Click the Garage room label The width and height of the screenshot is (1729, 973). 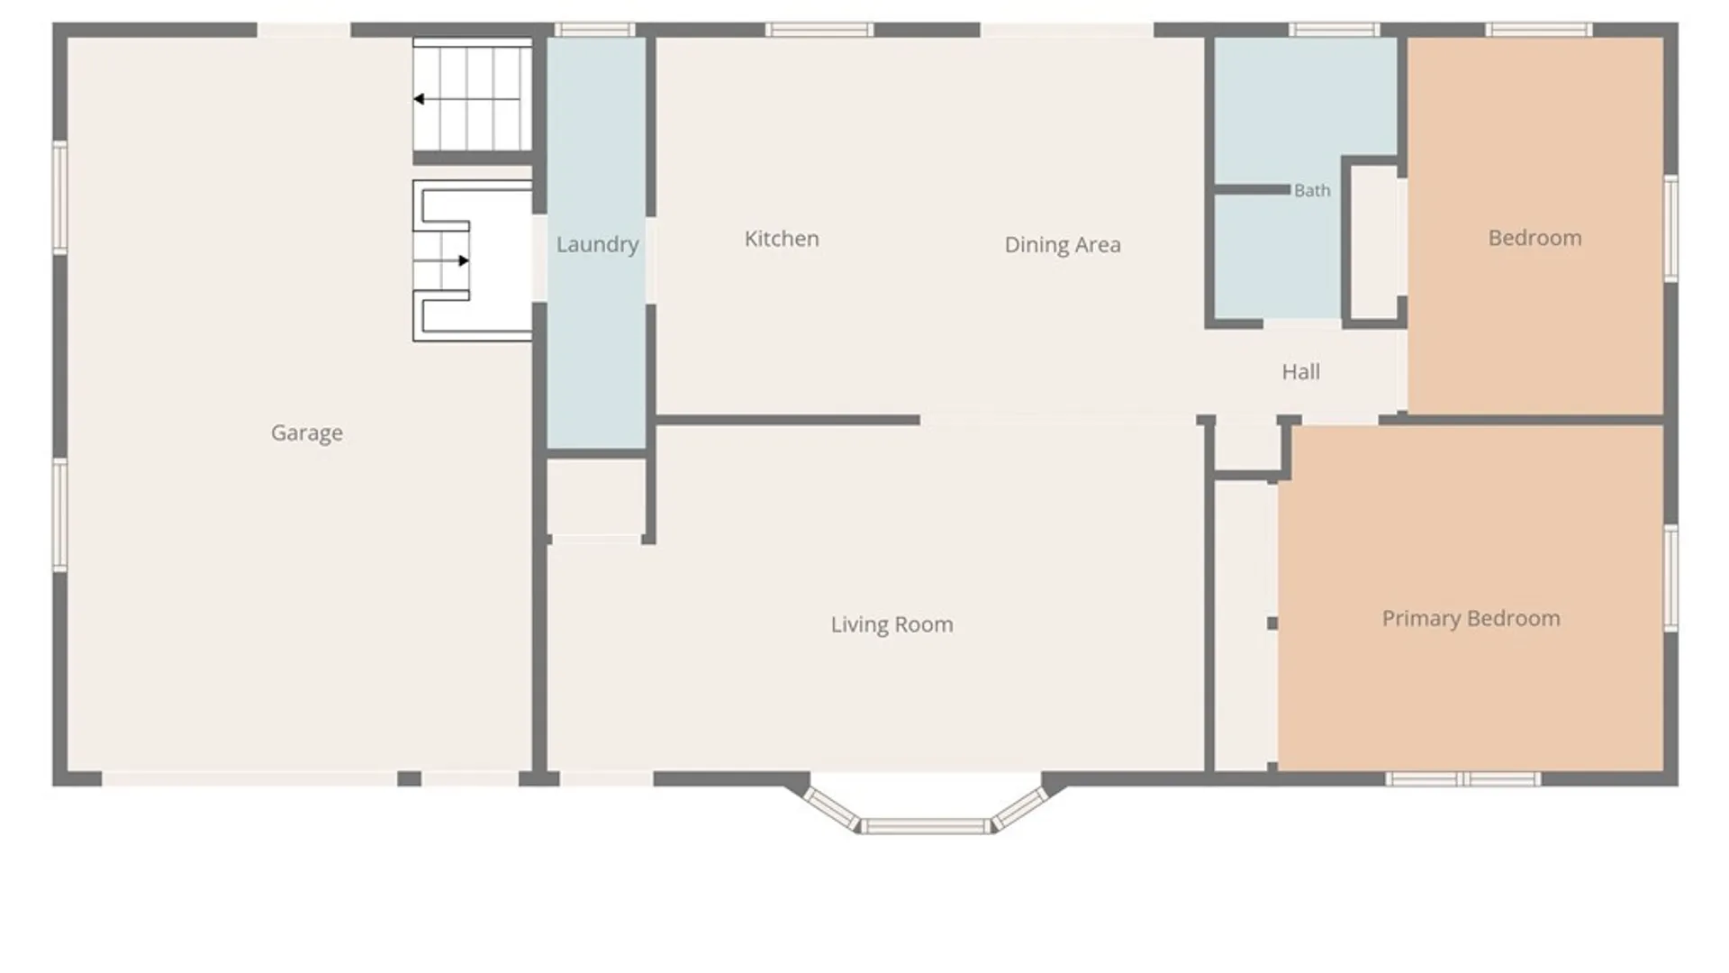(x=307, y=433)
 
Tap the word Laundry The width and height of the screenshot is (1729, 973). (x=597, y=245)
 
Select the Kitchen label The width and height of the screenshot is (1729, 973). (x=782, y=239)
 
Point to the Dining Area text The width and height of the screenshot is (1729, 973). (x=1063, y=245)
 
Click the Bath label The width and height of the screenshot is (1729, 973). (x=1312, y=190)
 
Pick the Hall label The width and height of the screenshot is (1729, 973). (x=1301, y=371)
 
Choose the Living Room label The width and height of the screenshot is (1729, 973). (x=892, y=625)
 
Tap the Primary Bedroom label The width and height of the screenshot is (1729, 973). (x=1471, y=619)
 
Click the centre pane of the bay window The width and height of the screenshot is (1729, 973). (x=924, y=826)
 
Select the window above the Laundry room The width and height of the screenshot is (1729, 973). (x=594, y=30)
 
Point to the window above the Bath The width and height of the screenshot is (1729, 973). (x=1334, y=30)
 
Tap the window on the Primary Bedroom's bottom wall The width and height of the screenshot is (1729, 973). (x=1463, y=779)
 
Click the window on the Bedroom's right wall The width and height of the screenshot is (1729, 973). (x=1671, y=229)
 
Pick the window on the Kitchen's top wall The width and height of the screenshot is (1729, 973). (x=819, y=30)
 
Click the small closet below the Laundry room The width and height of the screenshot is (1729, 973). (x=596, y=498)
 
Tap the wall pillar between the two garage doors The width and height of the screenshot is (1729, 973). (x=410, y=778)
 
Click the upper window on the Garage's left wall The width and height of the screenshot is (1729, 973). (x=60, y=197)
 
